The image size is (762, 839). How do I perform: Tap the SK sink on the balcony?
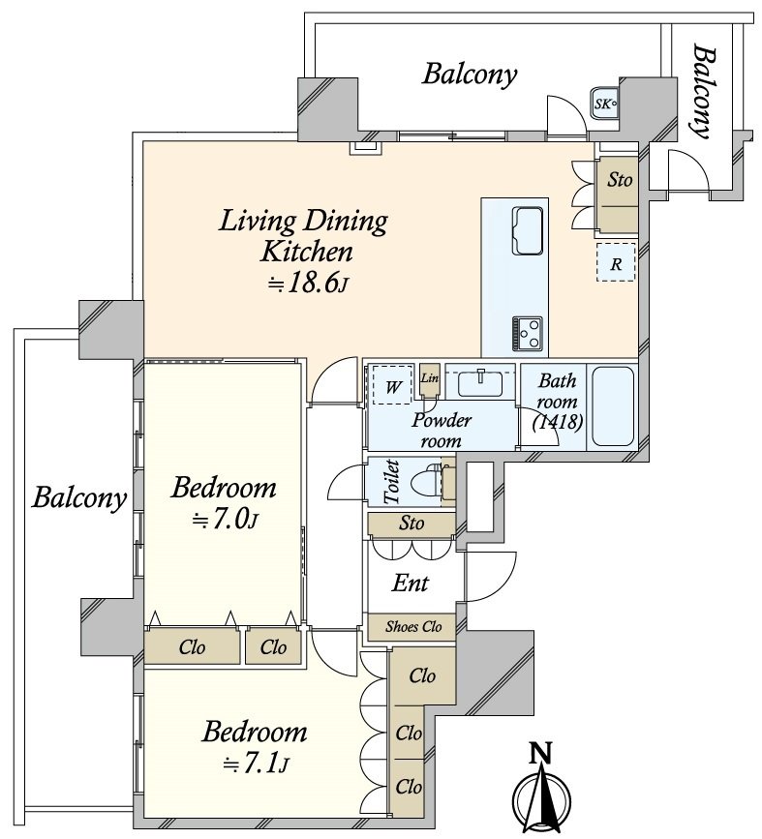pyautogui.click(x=605, y=102)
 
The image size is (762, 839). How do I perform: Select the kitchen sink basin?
pyautogui.click(x=528, y=228)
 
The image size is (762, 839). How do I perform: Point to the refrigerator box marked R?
pyautogui.click(x=615, y=262)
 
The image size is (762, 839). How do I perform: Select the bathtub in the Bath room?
pyautogui.click(x=611, y=406)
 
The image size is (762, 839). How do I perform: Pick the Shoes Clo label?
pyautogui.click(x=413, y=627)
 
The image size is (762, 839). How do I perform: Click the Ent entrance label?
pyautogui.click(x=411, y=584)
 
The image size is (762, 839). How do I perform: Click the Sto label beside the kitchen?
pyautogui.click(x=620, y=180)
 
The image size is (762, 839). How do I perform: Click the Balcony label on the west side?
pyautogui.click(x=79, y=498)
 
